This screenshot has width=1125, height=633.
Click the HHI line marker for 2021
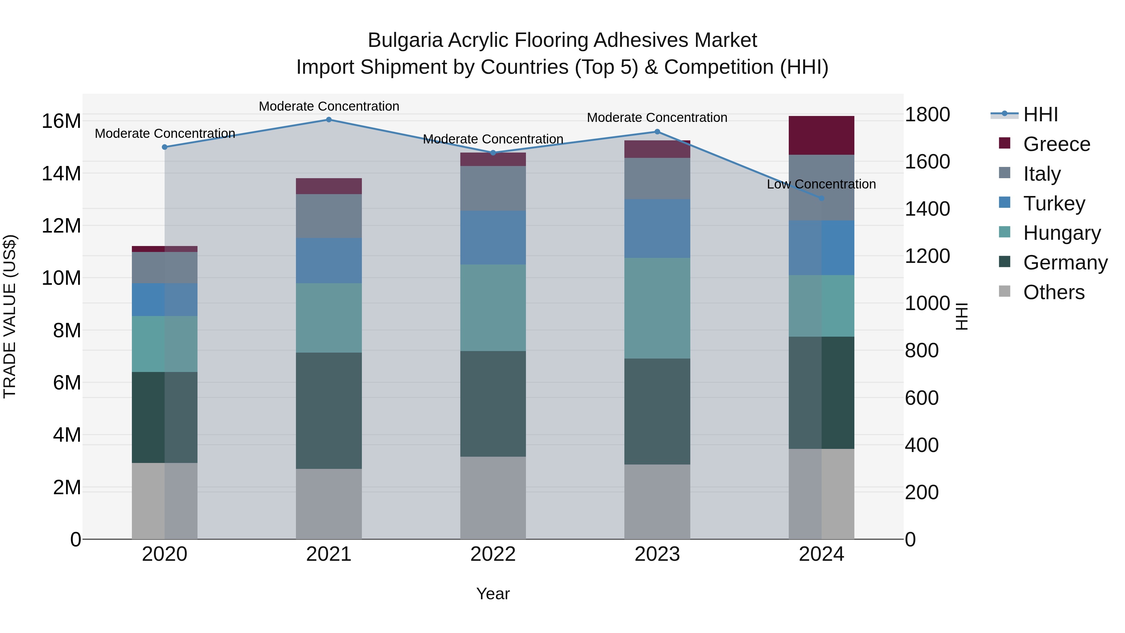[329, 120]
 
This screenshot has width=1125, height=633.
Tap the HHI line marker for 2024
[822, 198]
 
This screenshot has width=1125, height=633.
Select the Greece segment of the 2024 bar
[822, 135]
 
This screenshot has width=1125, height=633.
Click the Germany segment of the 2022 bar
[493, 404]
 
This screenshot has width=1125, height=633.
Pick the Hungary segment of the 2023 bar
[657, 309]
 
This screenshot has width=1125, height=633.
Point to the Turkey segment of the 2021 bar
[329, 261]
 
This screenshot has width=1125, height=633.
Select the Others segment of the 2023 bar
[657, 502]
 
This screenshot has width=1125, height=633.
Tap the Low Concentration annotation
[822, 184]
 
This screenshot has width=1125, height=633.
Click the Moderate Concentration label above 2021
[329, 106]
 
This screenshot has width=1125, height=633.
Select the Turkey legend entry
[1054, 203]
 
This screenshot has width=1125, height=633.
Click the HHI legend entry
[1040, 114]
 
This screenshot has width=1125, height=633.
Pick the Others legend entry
[1053, 292]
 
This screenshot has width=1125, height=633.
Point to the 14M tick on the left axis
[61, 173]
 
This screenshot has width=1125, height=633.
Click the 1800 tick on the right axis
[927, 114]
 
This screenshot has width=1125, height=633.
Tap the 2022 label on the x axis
[493, 554]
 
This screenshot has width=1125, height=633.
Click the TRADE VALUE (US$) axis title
[10, 316]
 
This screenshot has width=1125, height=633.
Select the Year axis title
[493, 594]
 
